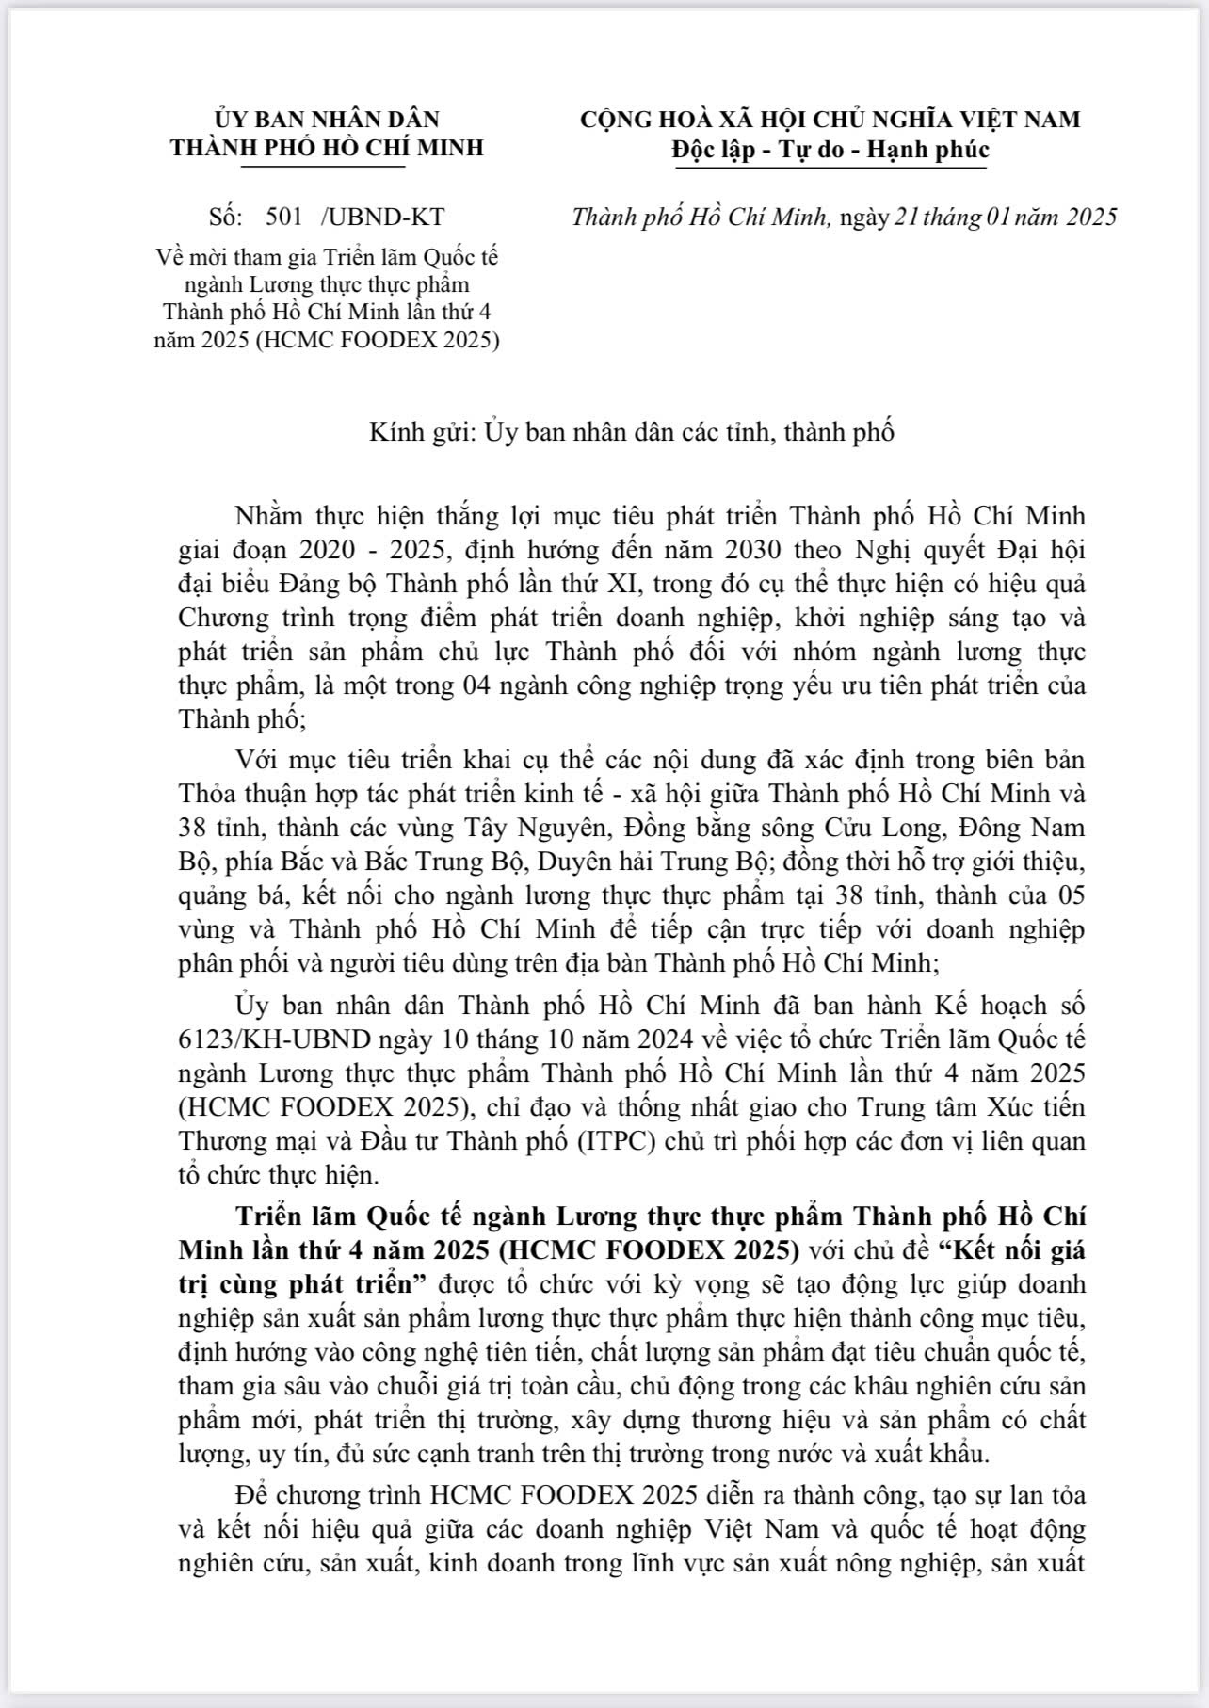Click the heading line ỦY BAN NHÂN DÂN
[x=327, y=120]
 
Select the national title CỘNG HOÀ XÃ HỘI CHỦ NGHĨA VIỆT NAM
[x=830, y=120]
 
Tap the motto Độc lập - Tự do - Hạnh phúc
[x=830, y=150]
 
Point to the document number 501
[x=284, y=217]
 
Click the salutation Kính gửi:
[x=423, y=432]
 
